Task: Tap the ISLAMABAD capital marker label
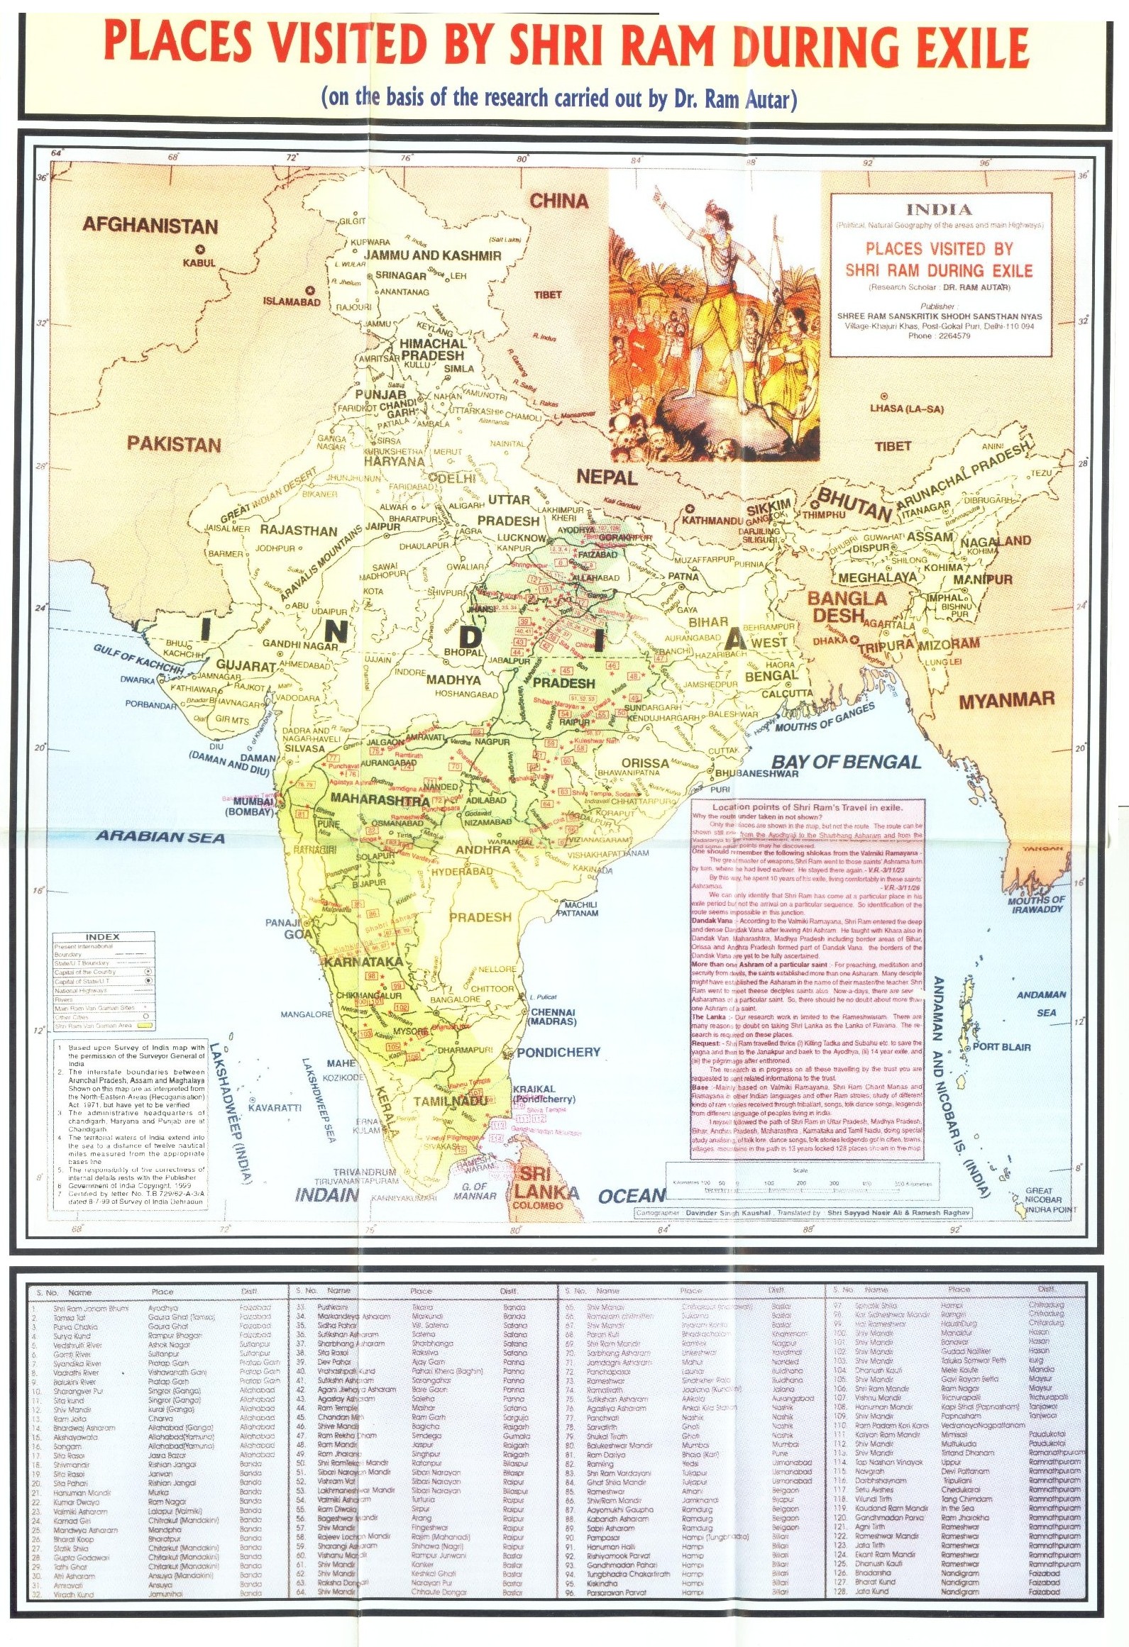[292, 301]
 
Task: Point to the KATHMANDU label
[712, 521]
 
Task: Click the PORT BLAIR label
[1001, 1047]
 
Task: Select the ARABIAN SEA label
[160, 837]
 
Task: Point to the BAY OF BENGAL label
[846, 762]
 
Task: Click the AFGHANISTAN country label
[150, 226]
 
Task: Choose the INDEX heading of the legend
[102, 937]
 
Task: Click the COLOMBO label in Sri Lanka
[537, 1205]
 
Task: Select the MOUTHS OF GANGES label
[825, 718]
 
